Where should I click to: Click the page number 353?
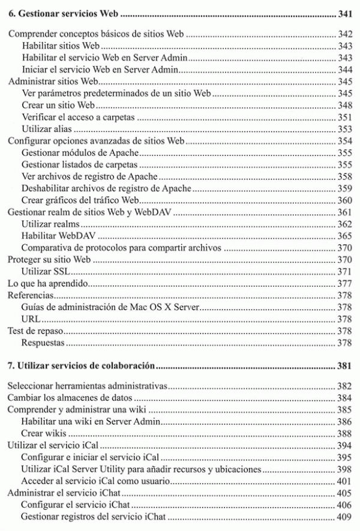click(344, 128)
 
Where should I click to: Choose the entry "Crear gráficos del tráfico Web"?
click(77, 200)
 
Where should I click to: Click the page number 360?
click(344, 200)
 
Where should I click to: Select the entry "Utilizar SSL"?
click(43, 271)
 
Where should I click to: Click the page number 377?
click(344, 283)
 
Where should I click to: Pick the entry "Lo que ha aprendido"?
click(47, 283)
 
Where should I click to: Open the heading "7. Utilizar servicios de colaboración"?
click(80, 365)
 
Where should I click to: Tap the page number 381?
click(344, 365)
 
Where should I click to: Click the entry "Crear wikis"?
click(44, 433)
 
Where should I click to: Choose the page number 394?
click(344, 445)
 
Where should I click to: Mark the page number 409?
click(344, 516)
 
